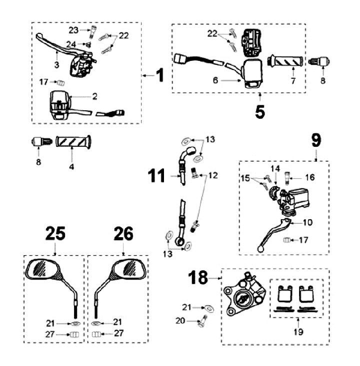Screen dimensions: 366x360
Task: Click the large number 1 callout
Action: point(159,75)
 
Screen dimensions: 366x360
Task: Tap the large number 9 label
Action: point(316,141)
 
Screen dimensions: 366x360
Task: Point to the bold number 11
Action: point(156,176)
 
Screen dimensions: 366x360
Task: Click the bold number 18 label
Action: point(198,278)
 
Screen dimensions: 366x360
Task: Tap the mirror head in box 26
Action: point(129,270)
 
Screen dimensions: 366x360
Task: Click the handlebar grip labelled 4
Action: point(74,141)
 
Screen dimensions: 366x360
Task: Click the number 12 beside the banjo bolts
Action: point(213,175)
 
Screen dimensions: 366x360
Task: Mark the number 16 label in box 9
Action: point(309,177)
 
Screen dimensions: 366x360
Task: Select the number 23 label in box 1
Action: point(73,29)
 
